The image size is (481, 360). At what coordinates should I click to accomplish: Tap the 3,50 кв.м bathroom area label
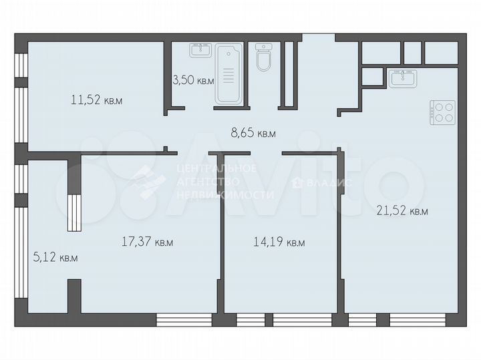192,80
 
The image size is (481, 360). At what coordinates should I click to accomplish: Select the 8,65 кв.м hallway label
253,133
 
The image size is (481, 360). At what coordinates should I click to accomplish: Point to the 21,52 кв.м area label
402,210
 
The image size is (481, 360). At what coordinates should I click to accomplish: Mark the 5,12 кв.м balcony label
55,256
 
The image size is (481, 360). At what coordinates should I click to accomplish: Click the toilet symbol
264,57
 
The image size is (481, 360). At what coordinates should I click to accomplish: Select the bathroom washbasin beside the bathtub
200,49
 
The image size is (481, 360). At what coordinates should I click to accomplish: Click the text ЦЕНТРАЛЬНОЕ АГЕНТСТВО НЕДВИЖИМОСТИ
224,181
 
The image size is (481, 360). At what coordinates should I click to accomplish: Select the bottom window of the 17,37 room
183,319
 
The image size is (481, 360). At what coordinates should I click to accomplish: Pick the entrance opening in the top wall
318,38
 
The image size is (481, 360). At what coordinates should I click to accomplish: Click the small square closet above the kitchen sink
371,77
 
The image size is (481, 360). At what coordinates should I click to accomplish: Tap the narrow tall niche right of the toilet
289,73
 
